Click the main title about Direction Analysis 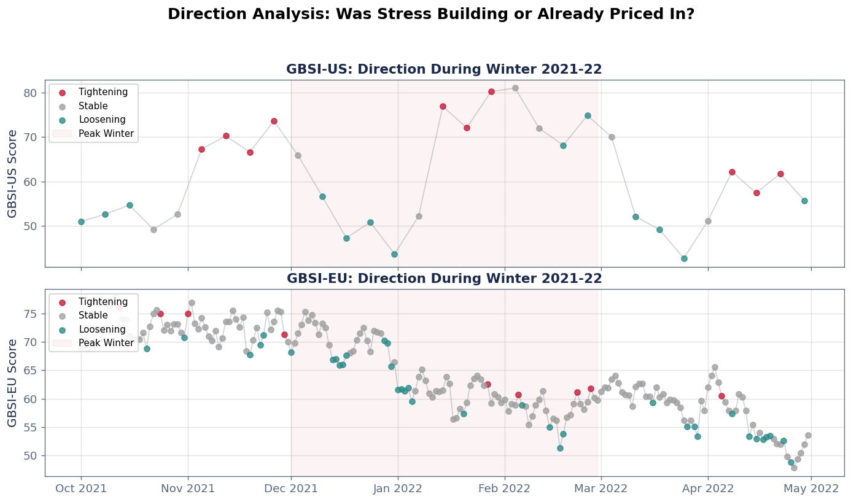[430, 14]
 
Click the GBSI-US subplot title [444, 69]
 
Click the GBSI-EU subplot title [444, 279]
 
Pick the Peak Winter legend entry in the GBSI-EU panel [106, 343]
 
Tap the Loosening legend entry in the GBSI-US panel [102, 120]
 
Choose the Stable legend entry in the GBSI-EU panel [93, 315]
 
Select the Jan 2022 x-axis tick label [398, 489]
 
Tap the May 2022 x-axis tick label [811, 489]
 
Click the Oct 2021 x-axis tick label [81, 489]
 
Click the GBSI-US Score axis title [13, 173]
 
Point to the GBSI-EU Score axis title [13, 382]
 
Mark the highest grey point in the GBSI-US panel [515, 88]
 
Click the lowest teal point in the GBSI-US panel [684, 258]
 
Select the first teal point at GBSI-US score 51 [81, 222]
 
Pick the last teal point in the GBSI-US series [804, 201]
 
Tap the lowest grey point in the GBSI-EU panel [794, 468]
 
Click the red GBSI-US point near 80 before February [491, 91]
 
